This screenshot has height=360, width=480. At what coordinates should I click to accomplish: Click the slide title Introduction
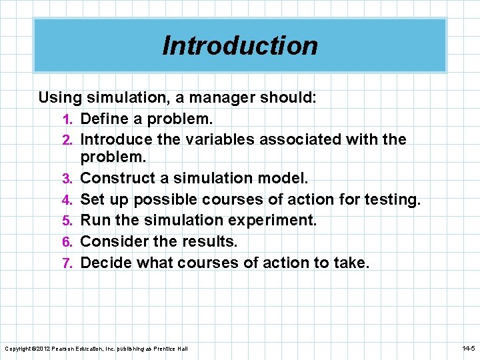240,46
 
